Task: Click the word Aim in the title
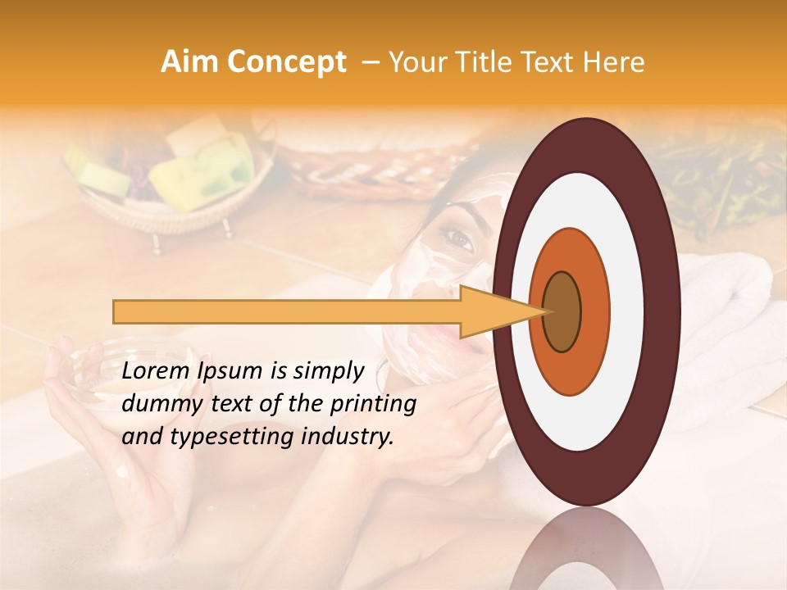tap(189, 62)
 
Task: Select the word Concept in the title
tap(286, 62)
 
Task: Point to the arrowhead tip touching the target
tap(548, 311)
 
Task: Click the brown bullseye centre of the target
tap(562, 311)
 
